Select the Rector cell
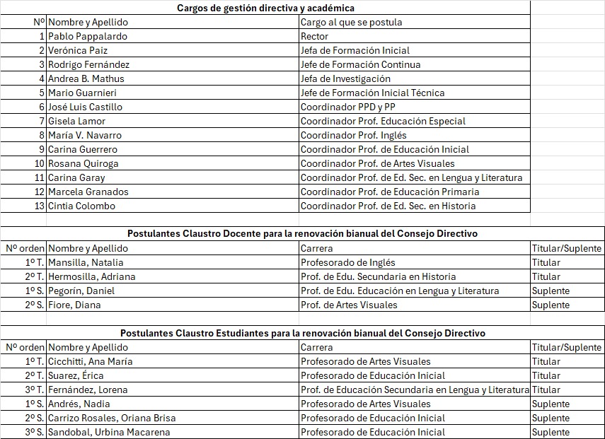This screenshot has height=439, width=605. point(315,36)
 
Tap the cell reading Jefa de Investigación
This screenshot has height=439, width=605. point(345,78)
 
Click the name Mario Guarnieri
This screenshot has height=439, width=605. point(82,93)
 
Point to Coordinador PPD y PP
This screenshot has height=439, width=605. point(348,107)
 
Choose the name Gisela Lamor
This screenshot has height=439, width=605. point(76,121)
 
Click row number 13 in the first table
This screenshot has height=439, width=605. point(40,206)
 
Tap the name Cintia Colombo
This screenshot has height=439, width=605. point(81,206)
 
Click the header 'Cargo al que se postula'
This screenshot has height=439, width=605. point(351,22)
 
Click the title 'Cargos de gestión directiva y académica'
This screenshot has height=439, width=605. point(265,8)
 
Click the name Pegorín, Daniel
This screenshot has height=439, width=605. point(81,291)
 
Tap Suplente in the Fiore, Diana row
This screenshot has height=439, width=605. point(551,305)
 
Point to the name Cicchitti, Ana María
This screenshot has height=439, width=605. point(90,361)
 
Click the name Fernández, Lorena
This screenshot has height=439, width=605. point(88,390)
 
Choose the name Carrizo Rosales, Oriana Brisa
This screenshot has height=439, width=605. point(112,418)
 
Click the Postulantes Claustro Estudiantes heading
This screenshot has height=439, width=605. point(302,333)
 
